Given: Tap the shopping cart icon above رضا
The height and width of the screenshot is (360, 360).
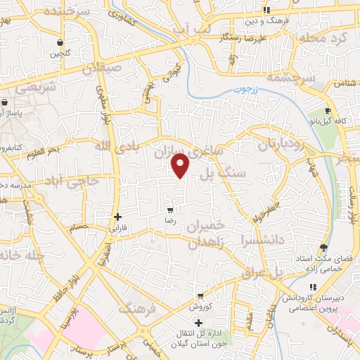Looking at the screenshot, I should coord(170,210).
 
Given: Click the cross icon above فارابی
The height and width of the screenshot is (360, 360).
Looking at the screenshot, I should coord(117,217).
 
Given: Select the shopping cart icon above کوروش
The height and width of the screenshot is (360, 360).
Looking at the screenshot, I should coord(200,296).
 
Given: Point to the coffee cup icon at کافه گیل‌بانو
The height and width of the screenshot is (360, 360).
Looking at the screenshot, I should coord(328,112).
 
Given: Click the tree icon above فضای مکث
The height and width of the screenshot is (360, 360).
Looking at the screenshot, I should coord(323,247).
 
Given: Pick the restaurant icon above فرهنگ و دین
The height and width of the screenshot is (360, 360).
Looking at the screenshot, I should coord(266,10).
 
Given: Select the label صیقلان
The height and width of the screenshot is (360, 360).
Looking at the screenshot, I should coord(103,69).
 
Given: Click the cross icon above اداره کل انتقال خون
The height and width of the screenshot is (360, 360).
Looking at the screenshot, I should coord(199,321).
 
